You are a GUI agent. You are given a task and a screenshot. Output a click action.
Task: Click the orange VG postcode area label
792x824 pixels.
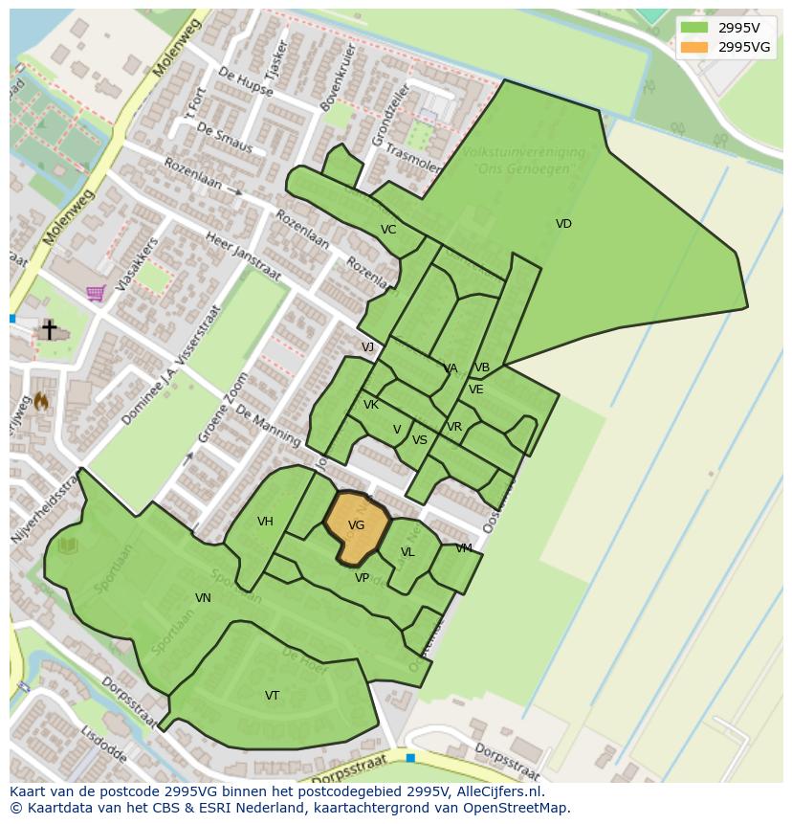tap(356, 525)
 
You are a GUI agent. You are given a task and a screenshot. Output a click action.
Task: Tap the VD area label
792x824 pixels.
tap(563, 224)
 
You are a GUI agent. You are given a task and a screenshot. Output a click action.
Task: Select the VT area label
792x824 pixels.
tap(272, 696)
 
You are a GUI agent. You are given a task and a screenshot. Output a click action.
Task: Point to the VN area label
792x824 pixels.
tap(203, 598)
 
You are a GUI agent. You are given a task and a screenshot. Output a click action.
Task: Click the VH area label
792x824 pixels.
tap(265, 522)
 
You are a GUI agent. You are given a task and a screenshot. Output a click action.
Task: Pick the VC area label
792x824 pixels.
tap(387, 230)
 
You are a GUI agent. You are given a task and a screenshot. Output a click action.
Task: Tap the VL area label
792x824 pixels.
tap(407, 552)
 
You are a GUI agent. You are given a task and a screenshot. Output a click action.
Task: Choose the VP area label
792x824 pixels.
tap(362, 578)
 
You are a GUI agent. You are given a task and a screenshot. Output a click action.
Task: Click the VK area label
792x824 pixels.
tap(371, 405)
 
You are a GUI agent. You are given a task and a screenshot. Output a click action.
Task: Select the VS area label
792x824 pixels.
tap(419, 440)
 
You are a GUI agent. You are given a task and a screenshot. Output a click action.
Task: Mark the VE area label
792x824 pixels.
tap(475, 390)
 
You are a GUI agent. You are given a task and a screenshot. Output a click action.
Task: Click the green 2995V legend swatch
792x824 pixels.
tap(695, 28)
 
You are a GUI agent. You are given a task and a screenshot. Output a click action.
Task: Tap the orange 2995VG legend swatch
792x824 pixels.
tap(695, 47)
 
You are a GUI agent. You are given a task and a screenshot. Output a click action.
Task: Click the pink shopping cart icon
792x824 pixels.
tap(95, 293)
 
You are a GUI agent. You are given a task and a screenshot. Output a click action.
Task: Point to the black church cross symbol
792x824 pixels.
tap(49, 329)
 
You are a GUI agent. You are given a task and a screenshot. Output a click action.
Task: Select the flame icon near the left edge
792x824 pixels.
tap(41, 402)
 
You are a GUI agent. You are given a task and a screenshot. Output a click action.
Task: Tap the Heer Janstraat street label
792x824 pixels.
tap(243, 258)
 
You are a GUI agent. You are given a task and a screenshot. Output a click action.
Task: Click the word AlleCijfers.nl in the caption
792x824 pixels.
tap(497, 791)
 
